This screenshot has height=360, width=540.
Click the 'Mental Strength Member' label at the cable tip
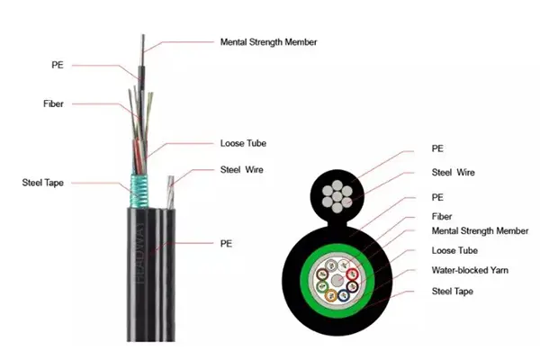click(x=268, y=41)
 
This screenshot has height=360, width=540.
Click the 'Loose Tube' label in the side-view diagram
click(x=243, y=143)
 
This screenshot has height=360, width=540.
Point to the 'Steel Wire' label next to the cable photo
click(x=242, y=169)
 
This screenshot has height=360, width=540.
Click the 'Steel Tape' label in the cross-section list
click(x=453, y=292)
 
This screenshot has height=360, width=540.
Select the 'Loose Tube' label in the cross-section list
click(x=454, y=250)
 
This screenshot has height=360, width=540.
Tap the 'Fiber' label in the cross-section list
click(x=442, y=217)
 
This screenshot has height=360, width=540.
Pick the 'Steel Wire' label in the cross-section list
click(x=454, y=172)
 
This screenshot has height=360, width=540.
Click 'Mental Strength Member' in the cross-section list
click(x=480, y=230)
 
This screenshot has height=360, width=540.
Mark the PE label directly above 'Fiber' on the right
click(x=438, y=196)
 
